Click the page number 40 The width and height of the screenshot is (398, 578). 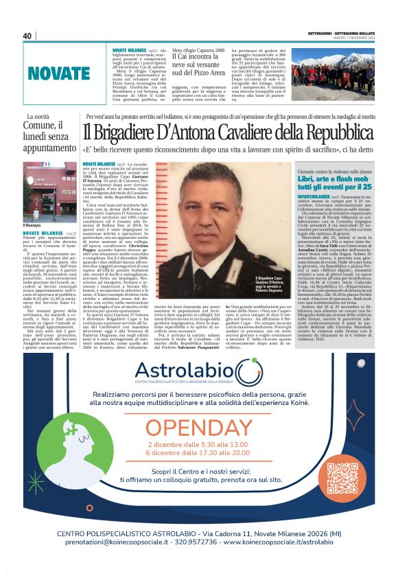(27, 36)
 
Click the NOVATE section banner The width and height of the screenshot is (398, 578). (59, 73)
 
